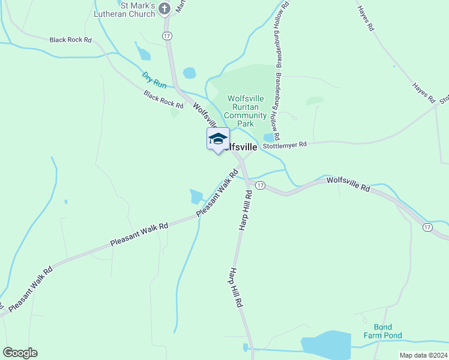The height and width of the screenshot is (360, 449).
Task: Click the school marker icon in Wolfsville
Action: [218, 139]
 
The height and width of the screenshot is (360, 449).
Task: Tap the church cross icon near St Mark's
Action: [165, 8]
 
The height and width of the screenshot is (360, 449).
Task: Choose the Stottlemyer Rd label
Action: [285, 145]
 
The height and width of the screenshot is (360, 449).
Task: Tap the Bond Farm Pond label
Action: [383, 331]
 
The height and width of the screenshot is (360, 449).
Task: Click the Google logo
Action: [20, 353]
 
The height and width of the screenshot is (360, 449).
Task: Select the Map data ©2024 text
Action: [423, 355]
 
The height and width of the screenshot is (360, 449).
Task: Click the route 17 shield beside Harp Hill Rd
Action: [259, 185]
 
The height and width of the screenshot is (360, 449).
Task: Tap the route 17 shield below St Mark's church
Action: [166, 36]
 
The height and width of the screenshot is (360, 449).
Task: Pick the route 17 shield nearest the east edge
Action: [427, 227]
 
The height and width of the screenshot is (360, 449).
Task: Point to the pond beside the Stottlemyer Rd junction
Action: [269, 137]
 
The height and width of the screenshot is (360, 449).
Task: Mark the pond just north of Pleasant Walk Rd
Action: [196, 196]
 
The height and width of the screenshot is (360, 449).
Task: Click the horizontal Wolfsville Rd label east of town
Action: [348, 184]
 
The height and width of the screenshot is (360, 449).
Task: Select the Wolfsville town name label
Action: [241, 147]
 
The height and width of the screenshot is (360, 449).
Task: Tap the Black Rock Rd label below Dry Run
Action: [163, 99]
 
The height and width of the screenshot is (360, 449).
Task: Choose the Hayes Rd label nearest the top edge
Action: [366, 18]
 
